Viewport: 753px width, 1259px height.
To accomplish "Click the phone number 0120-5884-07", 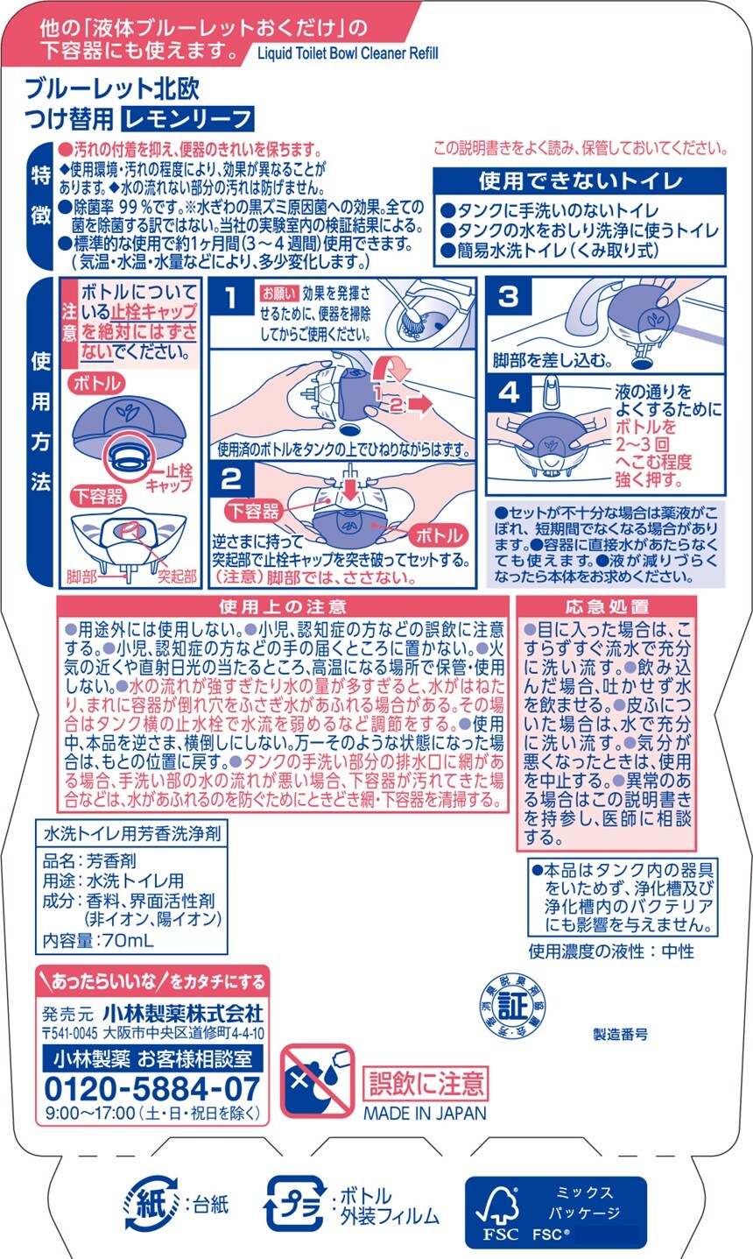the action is coord(151,1089).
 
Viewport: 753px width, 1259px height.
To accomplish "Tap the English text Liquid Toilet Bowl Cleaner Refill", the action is coord(348,53).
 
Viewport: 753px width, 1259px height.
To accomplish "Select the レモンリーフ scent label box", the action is coord(187,118).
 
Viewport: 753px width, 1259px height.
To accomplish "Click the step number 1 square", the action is coord(230,299).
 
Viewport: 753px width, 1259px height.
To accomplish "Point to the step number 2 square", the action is coord(231,479).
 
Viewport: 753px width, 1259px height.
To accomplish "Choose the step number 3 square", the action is coord(508,296).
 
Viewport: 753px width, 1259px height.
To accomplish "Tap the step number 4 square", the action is coord(509,393).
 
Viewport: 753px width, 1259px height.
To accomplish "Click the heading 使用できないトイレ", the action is coord(580,180).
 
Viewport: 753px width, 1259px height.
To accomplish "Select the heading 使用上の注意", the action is coord(283,606).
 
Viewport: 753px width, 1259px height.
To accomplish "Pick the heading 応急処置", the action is coord(607,606).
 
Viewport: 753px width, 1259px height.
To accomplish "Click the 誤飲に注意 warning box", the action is coord(425,1083).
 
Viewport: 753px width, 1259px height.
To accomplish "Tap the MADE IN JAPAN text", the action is coord(425,1114).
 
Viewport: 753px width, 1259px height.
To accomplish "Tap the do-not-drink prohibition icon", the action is coord(317,1082).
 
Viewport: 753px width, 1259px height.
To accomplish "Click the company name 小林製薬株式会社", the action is coord(183,1014).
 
